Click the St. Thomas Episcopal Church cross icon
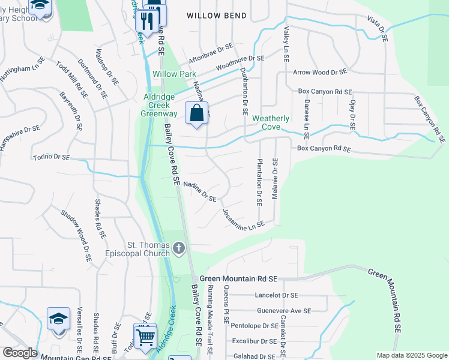coord(179,248)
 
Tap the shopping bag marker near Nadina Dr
coord(197,113)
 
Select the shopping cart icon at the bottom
coord(145,336)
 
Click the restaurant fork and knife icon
coord(145,22)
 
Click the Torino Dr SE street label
coord(51,157)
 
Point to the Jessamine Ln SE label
coord(243,218)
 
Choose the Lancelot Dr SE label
coord(276,295)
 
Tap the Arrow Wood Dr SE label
coord(320,72)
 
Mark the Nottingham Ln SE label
coord(23,70)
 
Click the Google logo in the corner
coord(19,353)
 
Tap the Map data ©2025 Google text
coord(411,355)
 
